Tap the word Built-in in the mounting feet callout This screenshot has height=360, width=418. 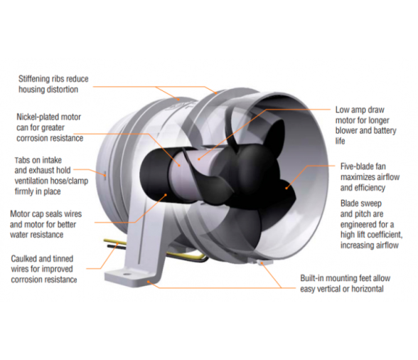[312, 278]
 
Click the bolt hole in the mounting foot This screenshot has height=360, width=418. [124, 274]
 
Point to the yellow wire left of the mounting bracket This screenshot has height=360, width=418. [114, 241]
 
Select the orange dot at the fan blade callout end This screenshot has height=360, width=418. [286, 188]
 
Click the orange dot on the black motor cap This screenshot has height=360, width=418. [166, 195]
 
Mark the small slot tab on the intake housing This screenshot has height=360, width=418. [105, 175]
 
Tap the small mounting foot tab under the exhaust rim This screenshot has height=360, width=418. [263, 263]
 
